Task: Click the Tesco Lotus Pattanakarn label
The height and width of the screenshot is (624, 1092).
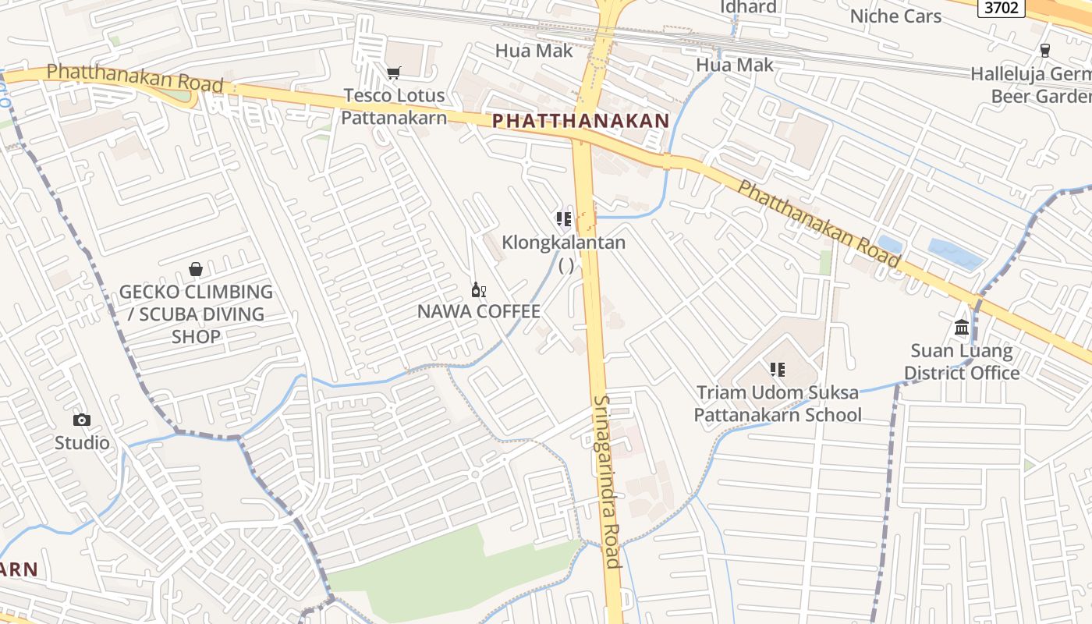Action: pyautogui.click(x=394, y=107)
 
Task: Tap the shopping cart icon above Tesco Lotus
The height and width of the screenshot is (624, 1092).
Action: pyautogui.click(x=394, y=73)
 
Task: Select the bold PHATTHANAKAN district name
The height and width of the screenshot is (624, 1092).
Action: pyautogui.click(x=580, y=121)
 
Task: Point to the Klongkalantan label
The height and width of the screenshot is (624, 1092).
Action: pyautogui.click(x=563, y=243)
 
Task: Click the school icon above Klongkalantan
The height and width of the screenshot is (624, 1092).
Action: pyautogui.click(x=563, y=218)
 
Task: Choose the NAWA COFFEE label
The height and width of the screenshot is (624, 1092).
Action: pyautogui.click(x=478, y=312)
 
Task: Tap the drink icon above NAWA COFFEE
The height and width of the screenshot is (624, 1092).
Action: pyautogui.click(x=478, y=290)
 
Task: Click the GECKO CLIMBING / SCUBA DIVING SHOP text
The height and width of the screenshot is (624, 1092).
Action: pyautogui.click(x=196, y=314)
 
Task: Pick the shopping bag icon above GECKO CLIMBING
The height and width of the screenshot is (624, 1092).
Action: pyautogui.click(x=196, y=269)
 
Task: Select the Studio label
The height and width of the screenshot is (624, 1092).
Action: pyautogui.click(x=82, y=443)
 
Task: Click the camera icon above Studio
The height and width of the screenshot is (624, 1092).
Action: pyautogui.click(x=82, y=420)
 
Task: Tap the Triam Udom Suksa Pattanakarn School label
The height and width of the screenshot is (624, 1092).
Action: pyautogui.click(x=778, y=403)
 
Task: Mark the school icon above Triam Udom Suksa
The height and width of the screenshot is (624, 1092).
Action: pyautogui.click(x=777, y=369)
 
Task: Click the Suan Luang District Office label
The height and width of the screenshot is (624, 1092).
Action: pyautogui.click(x=962, y=362)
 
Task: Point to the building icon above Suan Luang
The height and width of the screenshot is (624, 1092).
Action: pyautogui.click(x=962, y=328)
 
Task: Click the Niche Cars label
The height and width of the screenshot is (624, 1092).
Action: pyautogui.click(x=895, y=16)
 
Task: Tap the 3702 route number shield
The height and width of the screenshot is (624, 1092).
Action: pyautogui.click(x=1002, y=8)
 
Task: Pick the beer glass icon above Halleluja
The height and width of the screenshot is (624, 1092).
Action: pyautogui.click(x=1045, y=50)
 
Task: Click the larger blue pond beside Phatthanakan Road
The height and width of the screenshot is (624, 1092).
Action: pyautogui.click(x=955, y=254)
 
